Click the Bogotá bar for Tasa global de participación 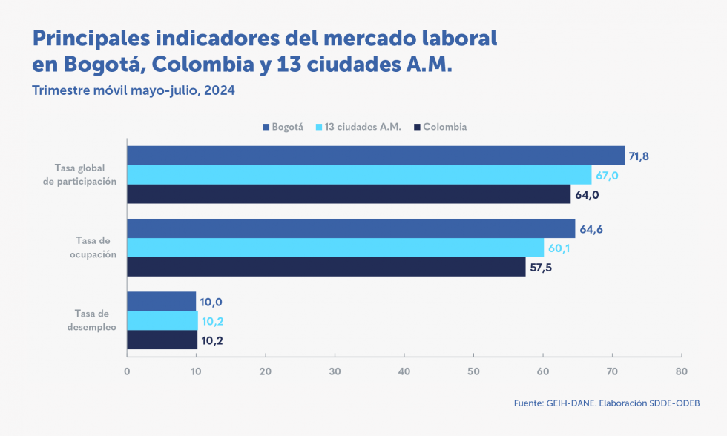(x=375, y=155)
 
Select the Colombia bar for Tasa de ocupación (x=326, y=267)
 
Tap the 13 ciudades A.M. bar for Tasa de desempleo (x=162, y=321)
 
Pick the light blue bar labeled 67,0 (x=359, y=175)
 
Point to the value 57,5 (x=541, y=267)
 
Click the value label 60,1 (x=559, y=248)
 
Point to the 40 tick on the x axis (x=404, y=371)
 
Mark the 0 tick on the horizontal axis (x=127, y=371)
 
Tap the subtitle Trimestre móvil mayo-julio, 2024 (x=134, y=90)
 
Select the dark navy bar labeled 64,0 (x=349, y=194)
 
